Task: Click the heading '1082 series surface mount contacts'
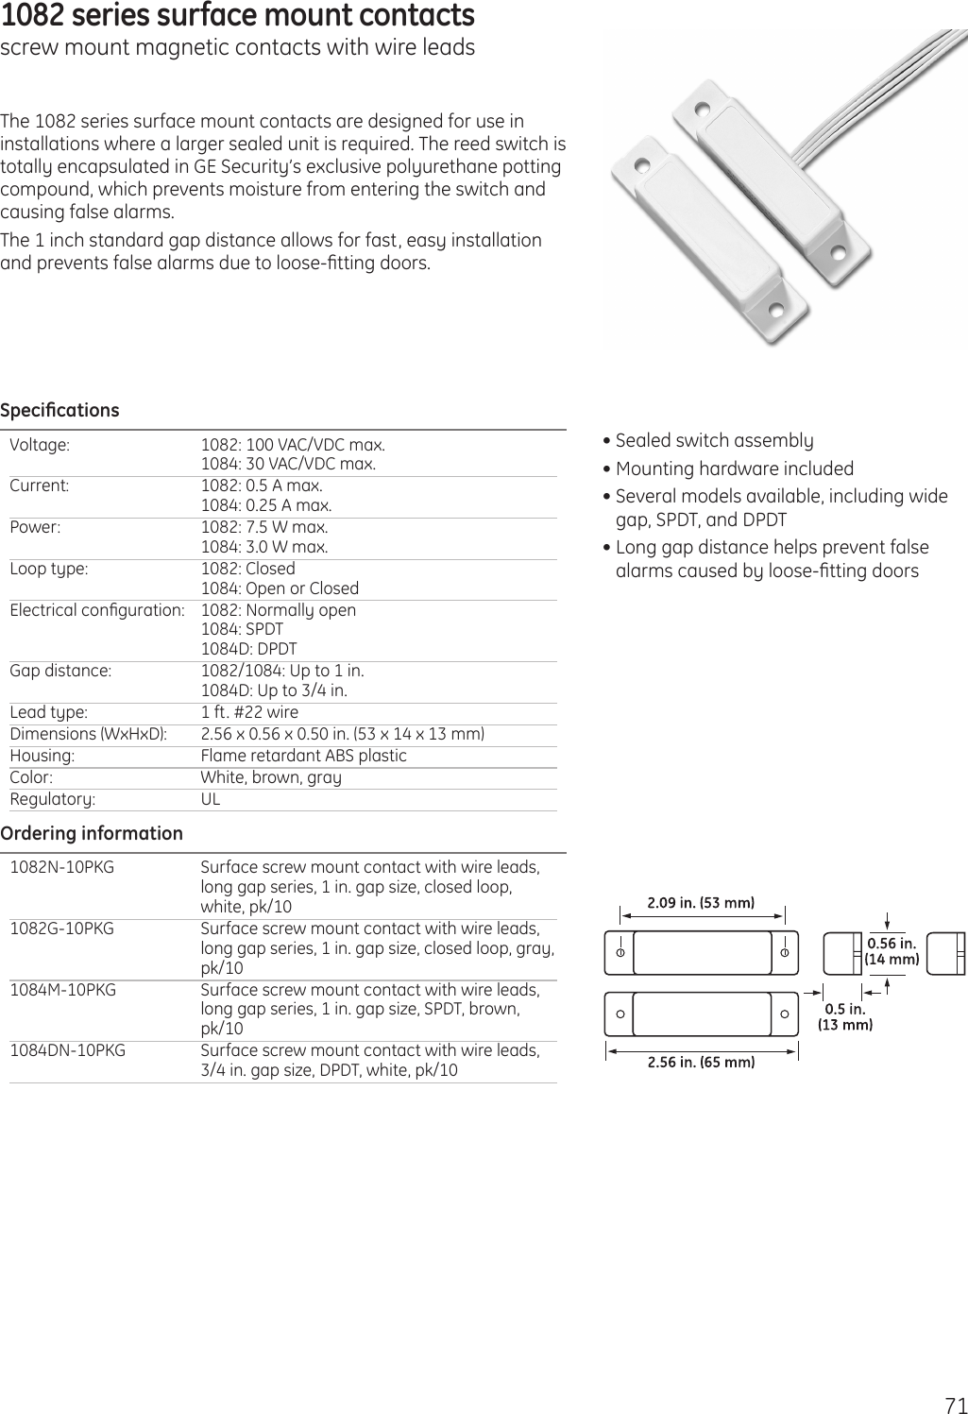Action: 238,16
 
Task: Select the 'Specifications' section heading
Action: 60,410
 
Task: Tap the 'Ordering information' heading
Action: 92,833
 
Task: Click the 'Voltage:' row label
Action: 39,445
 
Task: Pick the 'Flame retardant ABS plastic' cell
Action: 303,756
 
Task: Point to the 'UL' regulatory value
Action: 211,799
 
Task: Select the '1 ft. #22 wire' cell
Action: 249,712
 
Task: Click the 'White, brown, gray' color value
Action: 271,777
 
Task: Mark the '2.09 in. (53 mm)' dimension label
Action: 701,902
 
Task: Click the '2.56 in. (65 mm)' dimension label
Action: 701,1062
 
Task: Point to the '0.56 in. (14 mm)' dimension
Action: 892,951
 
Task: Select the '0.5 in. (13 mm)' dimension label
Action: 844,1016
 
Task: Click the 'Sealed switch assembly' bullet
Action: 714,440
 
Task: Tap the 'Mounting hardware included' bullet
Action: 734,468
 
